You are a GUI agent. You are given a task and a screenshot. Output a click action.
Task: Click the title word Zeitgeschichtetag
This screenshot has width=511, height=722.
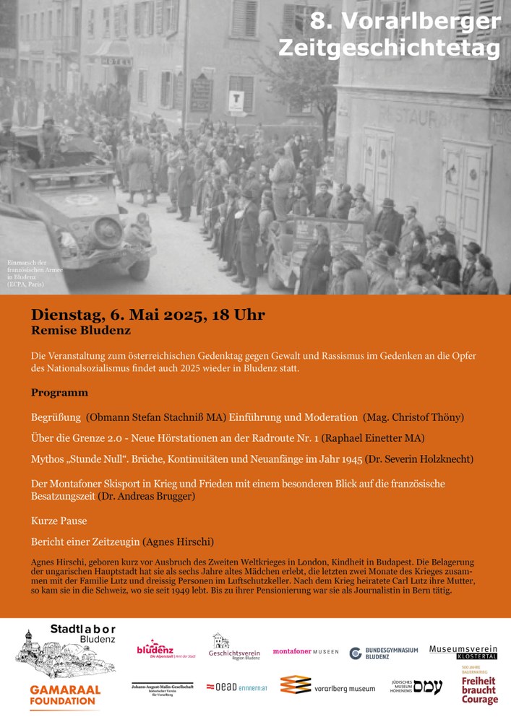tap(389, 48)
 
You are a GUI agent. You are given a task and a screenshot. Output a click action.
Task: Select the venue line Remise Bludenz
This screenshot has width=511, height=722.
tap(81, 331)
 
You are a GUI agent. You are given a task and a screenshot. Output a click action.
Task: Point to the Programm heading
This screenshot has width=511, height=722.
tap(59, 393)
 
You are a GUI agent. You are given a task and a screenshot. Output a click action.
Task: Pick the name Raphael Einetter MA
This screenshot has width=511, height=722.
tap(373, 438)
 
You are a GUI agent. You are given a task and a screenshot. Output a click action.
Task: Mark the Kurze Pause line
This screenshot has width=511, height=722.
tap(59, 520)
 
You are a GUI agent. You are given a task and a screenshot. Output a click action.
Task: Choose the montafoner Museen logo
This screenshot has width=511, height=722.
tap(305, 652)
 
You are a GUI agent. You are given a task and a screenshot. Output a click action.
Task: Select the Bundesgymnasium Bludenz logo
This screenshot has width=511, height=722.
tap(384, 653)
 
